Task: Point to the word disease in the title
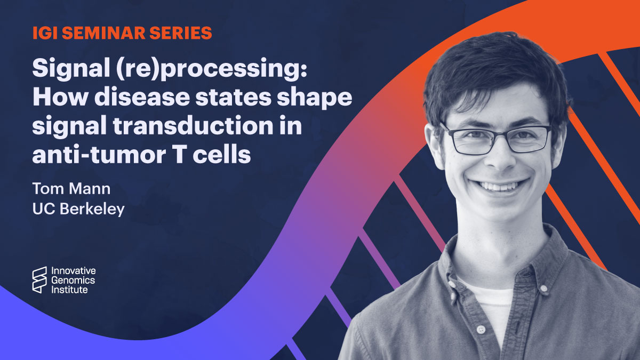pyautogui.click(x=142, y=97)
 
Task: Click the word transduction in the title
pyautogui.click(x=193, y=126)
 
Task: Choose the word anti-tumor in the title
pyautogui.click(x=99, y=155)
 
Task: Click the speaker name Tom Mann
pyautogui.click(x=71, y=189)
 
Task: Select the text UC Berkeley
pyautogui.click(x=78, y=209)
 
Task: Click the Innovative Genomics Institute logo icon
pyautogui.click(x=39, y=280)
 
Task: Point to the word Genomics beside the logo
pyautogui.click(x=73, y=281)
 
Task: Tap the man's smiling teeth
pyautogui.click(x=499, y=187)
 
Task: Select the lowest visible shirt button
pyautogui.click(x=481, y=330)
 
